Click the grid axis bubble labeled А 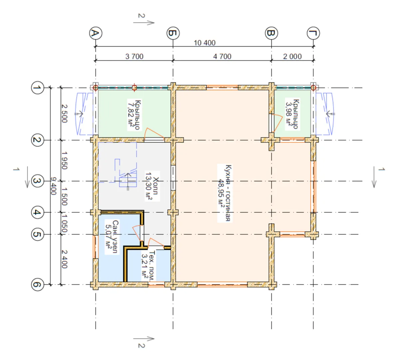[96, 33]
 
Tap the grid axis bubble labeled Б [173, 33]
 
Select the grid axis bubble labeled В [271, 33]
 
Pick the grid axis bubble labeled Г [313, 33]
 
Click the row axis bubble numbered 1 [37, 88]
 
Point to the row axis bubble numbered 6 [37, 285]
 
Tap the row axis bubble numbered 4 [37, 212]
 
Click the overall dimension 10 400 [204, 43]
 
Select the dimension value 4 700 [222, 56]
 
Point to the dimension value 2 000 [292, 56]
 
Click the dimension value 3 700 [134, 56]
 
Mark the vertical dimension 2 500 [64, 113]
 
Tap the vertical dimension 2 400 [64, 259]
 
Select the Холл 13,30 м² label [152, 186]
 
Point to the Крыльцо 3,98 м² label [292, 114]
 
